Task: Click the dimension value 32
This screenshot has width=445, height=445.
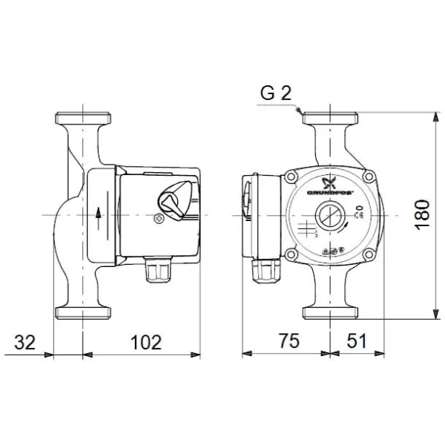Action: tap(25, 342)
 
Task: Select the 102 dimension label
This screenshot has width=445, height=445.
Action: tap(145, 342)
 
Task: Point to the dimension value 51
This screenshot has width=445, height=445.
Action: tap(357, 342)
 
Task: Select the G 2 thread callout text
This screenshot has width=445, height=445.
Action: tap(276, 93)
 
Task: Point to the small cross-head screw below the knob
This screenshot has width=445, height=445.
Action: tap(158, 219)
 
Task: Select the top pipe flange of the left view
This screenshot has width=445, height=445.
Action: tap(83, 118)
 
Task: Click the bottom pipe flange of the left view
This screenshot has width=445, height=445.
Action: tap(83, 309)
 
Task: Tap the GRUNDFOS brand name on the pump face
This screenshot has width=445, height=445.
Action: tap(329, 194)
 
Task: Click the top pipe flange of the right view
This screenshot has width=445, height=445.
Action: tap(330, 118)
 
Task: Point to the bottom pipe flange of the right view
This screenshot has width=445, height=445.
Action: tap(330, 309)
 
